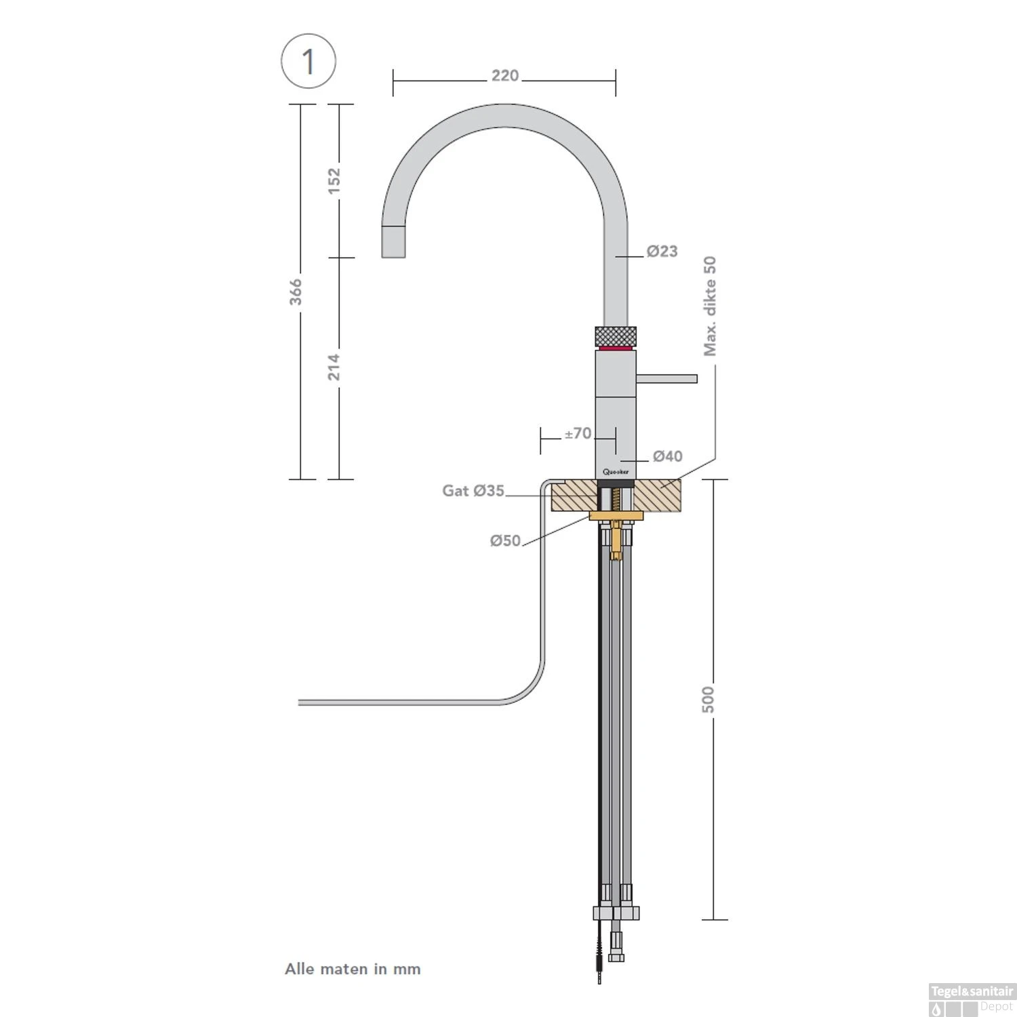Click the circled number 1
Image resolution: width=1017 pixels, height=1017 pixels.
(308, 62)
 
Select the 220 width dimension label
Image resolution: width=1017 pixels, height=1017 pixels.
(505, 75)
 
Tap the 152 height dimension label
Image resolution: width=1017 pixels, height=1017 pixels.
(334, 180)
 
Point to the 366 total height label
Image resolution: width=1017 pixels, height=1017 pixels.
(296, 292)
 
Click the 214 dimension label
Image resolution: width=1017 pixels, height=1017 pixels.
(334, 367)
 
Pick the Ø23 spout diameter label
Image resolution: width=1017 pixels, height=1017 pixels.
(662, 252)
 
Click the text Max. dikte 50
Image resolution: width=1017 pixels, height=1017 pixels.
(710, 306)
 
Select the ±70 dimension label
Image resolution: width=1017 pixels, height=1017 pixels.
(578, 433)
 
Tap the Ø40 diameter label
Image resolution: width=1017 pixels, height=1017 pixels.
(668, 456)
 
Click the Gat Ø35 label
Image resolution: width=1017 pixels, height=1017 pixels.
(473, 490)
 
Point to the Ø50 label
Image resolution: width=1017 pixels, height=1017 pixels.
(505, 540)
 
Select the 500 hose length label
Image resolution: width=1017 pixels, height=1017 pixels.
(708, 700)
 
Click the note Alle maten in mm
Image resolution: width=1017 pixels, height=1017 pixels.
(353, 969)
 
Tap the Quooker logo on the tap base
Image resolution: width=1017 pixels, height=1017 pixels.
(616, 472)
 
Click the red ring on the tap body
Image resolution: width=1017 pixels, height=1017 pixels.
(616, 348)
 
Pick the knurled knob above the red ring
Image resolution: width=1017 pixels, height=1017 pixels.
(616, 336)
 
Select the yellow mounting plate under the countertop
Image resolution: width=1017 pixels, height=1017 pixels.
(616, 517)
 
